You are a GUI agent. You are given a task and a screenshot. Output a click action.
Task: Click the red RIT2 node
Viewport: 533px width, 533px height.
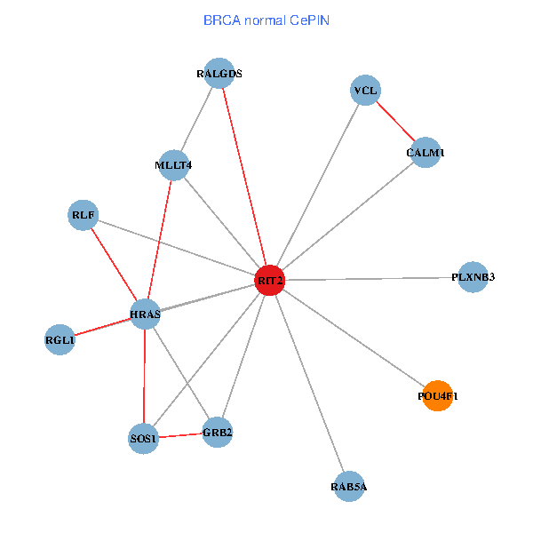(x=269, y=280)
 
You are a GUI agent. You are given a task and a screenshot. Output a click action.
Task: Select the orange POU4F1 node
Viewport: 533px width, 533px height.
(x=437, y=396)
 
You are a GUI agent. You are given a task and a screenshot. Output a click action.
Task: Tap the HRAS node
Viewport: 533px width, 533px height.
(x=145, y=314)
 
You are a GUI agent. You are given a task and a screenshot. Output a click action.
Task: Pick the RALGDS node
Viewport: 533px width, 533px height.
(x=219, y=74)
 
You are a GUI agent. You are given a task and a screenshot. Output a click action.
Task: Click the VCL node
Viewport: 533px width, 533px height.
(x=365, y=91)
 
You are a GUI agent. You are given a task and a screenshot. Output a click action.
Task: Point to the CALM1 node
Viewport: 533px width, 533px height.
(x=426, y=153)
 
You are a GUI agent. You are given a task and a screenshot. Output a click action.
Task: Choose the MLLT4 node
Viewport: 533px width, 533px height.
(x=173, y=165)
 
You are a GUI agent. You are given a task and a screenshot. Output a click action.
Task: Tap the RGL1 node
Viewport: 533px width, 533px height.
(x=60, y=340)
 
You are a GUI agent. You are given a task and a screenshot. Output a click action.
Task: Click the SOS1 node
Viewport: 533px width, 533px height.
(x=144, y=439)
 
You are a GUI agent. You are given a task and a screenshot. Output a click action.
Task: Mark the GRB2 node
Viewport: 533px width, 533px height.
(x=217, y=433)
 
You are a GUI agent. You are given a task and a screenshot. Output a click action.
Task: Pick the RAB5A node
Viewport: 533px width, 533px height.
(x=348, y=487)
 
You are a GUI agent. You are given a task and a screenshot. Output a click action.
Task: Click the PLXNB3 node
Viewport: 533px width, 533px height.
(x=473, y=277)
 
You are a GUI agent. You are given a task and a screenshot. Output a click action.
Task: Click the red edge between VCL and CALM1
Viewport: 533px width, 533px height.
(x=395, y=122)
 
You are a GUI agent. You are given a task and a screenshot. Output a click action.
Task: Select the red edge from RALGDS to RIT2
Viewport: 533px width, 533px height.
(x=244, y=177)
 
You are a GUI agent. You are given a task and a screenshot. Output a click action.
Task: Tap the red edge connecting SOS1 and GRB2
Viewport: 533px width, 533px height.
(x=180, y=435)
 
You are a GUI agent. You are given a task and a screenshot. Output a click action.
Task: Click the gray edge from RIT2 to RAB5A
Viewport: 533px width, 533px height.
(x=308, y=383)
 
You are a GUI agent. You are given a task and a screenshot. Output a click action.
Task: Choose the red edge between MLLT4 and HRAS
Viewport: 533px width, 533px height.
(x=159, y=240)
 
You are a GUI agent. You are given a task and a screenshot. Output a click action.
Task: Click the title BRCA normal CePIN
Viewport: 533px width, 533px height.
(x=266, y=20)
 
